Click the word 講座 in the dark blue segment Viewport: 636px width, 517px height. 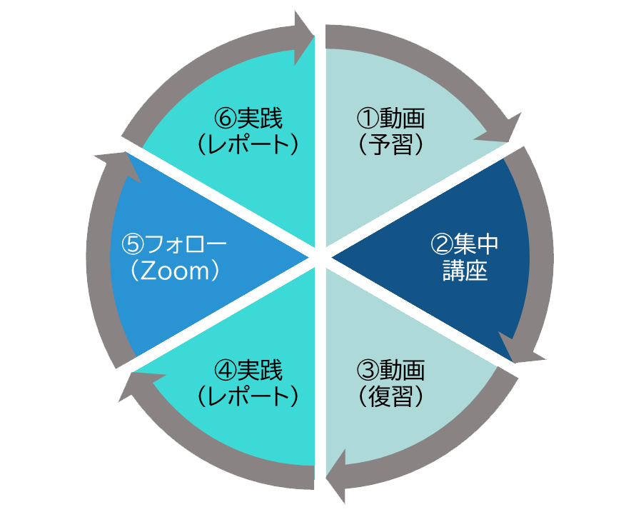[465, 272]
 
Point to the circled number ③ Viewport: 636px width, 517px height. [367, 370]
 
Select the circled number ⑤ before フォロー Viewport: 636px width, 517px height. [133, 245]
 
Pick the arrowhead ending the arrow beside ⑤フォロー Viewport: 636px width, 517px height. [116, 164]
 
